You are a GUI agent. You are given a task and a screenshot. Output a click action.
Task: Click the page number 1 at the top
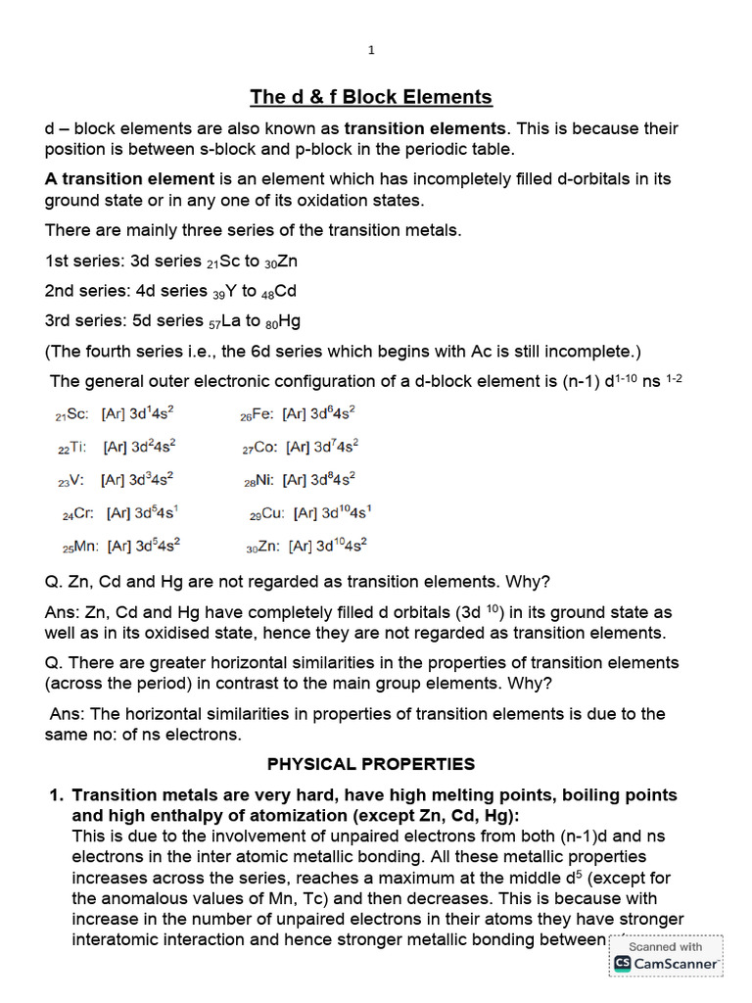[x=371, y=50]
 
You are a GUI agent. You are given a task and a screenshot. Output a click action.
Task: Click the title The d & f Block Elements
[x=371, y=96]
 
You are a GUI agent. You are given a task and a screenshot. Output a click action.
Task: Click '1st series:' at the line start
[x=77, y=262]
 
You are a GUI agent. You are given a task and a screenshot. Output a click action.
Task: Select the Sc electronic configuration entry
[x=115, y=415]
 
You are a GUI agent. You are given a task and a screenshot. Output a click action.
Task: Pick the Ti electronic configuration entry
[x=117, y=447]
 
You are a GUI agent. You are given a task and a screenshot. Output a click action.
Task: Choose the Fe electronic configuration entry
[x=298, y=414]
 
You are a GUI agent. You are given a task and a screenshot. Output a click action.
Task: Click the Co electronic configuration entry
[x=301, y=447]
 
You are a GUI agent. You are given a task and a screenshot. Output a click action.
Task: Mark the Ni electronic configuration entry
[x=300, y=480]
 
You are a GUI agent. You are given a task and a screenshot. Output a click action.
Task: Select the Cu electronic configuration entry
[x=310, y=512]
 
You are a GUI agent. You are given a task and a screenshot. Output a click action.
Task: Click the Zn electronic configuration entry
[x=307, y=546]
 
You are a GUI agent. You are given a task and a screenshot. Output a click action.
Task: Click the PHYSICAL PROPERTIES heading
[x=371, y=764]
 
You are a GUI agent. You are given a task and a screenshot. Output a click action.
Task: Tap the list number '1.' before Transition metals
[x=57, y=795]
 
